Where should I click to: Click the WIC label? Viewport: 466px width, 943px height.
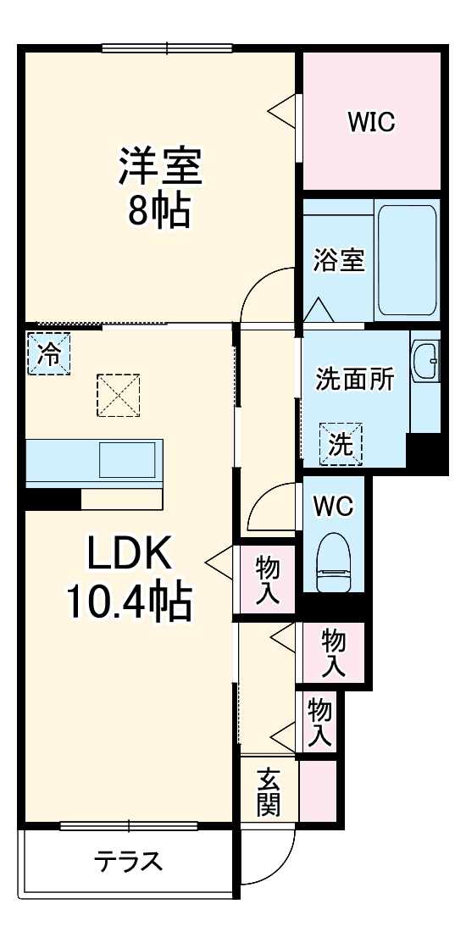tap(370, 122)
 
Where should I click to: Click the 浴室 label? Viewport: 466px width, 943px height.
tap(339, 261)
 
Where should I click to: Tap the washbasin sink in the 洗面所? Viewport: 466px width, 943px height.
tap(425, 362)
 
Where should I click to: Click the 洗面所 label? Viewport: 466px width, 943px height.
tap(355, 380)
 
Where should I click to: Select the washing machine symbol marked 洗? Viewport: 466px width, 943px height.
tap(341, 444)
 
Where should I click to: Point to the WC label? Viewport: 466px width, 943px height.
tap(333, 507)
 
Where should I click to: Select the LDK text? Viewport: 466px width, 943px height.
tap(130, 557)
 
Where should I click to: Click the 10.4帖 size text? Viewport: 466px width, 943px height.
tap(129, 602)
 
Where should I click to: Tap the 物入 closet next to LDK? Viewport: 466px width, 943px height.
tap(268, 580)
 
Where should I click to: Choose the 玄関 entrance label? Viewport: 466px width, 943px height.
tap(269, 791)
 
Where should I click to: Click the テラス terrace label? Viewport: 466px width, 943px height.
tap(127, 862)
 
